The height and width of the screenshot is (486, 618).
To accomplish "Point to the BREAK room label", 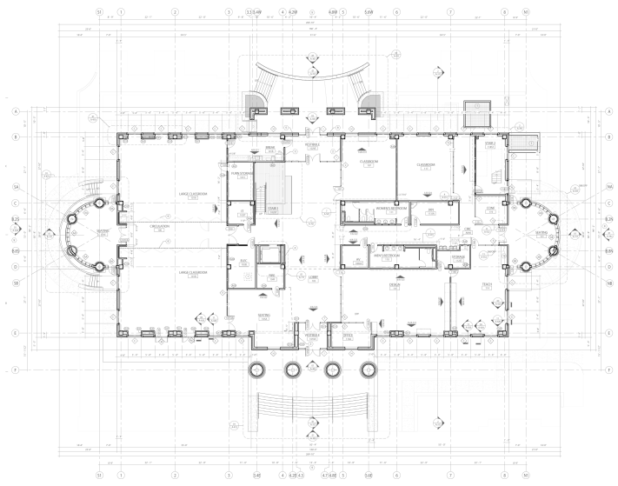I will pyautogui.click(x=269, y=149).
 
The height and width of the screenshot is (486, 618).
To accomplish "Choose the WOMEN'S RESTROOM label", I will pyautogui.click(x=375, y=209).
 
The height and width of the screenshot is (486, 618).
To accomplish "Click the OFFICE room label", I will pyautogui.click(x=348, y=335).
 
